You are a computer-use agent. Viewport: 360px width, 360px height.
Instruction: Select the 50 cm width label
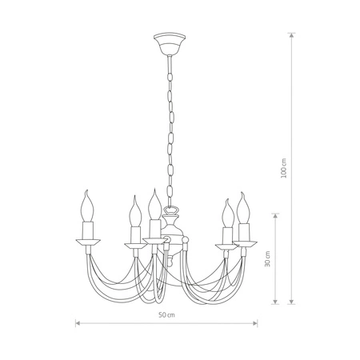[166, 314]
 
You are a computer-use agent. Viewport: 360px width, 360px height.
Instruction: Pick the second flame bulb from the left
[133, 212]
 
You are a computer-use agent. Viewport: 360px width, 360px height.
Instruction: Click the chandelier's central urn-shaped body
[170, 232]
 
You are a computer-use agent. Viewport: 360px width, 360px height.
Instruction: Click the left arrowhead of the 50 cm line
[77, 323]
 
